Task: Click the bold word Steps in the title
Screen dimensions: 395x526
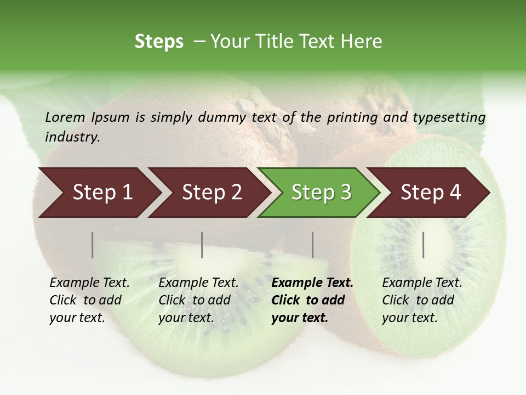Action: coord(159,42)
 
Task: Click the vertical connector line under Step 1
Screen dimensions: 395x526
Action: coord(93,245)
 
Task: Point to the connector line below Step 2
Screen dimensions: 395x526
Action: coord(202,245)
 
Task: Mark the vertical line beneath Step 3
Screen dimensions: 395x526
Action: coord(313,245)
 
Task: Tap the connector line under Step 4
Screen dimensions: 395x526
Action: coord(424,245)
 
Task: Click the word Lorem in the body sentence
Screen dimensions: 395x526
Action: coord(65,117)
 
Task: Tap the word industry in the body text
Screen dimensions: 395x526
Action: coord(72,137)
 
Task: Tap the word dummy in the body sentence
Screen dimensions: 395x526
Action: coord(222,117)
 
